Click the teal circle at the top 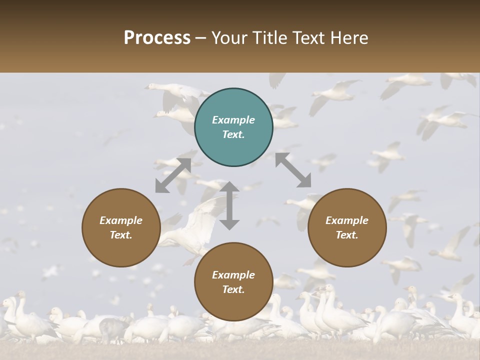(x=233, y=127)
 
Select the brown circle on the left (x=121, y=228)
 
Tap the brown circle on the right (x=347, y=228)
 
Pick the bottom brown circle (x=233, y=282)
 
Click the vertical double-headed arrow (x=229, y=205)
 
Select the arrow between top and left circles (x=173, y=175)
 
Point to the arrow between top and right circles (x=293, y=170)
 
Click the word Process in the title (x=157, y=37)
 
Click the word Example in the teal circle (x=233, y=120)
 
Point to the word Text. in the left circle (x=121, y=235)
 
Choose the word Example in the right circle (x=347, y=220)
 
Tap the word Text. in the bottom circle (x=233, y=289)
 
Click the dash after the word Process (x=201, y=38)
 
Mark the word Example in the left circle (x=121, y=220)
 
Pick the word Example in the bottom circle (x=233, y=275)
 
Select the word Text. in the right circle (x=347, y=235)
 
